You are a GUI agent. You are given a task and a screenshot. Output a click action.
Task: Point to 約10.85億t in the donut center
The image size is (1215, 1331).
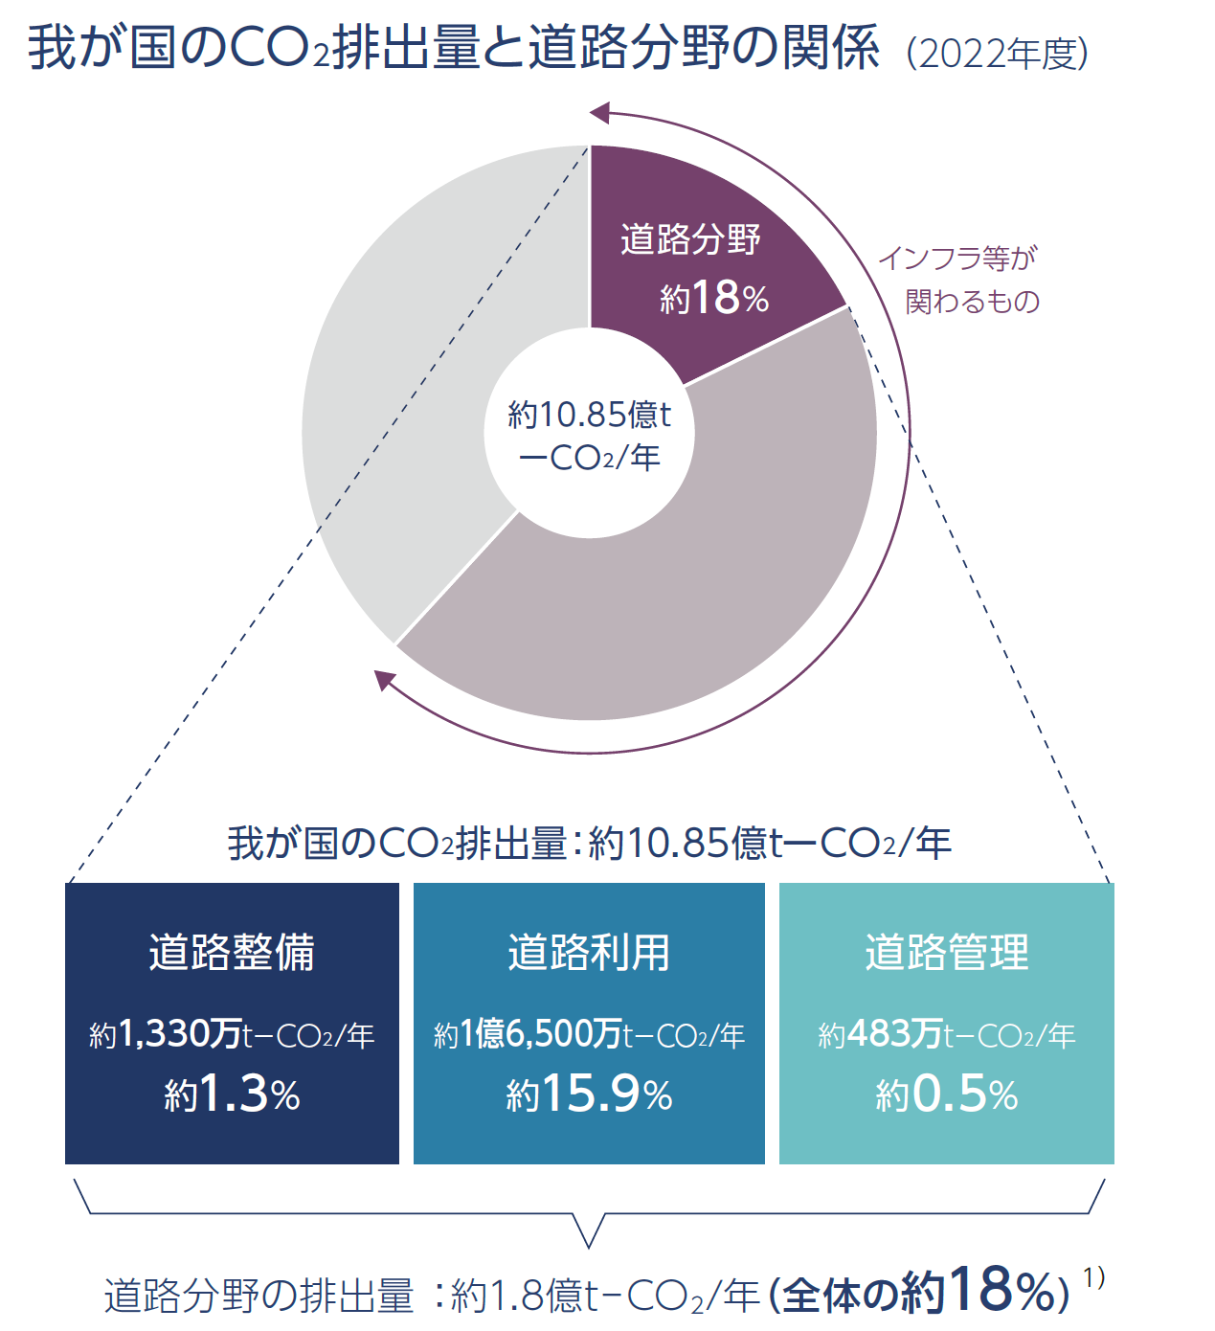[x=589, y=415]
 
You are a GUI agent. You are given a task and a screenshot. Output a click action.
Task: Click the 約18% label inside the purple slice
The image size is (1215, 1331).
[x=714, y=298]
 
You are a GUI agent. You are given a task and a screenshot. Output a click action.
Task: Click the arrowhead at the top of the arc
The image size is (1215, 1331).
[x=599, y=113]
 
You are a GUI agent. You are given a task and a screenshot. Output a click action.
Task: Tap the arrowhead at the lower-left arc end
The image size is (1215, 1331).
[x=384, y=679]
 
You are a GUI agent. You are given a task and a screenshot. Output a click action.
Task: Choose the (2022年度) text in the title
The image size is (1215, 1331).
[x=997, y=53]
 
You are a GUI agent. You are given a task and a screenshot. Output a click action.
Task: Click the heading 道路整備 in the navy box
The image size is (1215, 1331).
[x=232, y=952]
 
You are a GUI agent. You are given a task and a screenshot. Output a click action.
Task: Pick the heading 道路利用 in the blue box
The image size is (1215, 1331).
[x=589, y=952]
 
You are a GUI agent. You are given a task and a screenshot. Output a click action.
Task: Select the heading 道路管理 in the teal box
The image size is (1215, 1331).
[x=946, y=952]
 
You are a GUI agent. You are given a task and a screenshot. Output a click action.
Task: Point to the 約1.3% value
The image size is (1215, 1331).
[x=232, y=1094]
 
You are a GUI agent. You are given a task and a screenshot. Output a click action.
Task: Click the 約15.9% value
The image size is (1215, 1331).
[x=589, y=1094]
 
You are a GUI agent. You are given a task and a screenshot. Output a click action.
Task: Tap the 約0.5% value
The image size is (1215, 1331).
[x=946, y=1094]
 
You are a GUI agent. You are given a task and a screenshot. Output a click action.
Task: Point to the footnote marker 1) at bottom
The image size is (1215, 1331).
[x=1093, y=1276]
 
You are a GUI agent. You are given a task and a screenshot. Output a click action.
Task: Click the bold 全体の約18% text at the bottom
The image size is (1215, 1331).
[x=923, y=1293]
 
